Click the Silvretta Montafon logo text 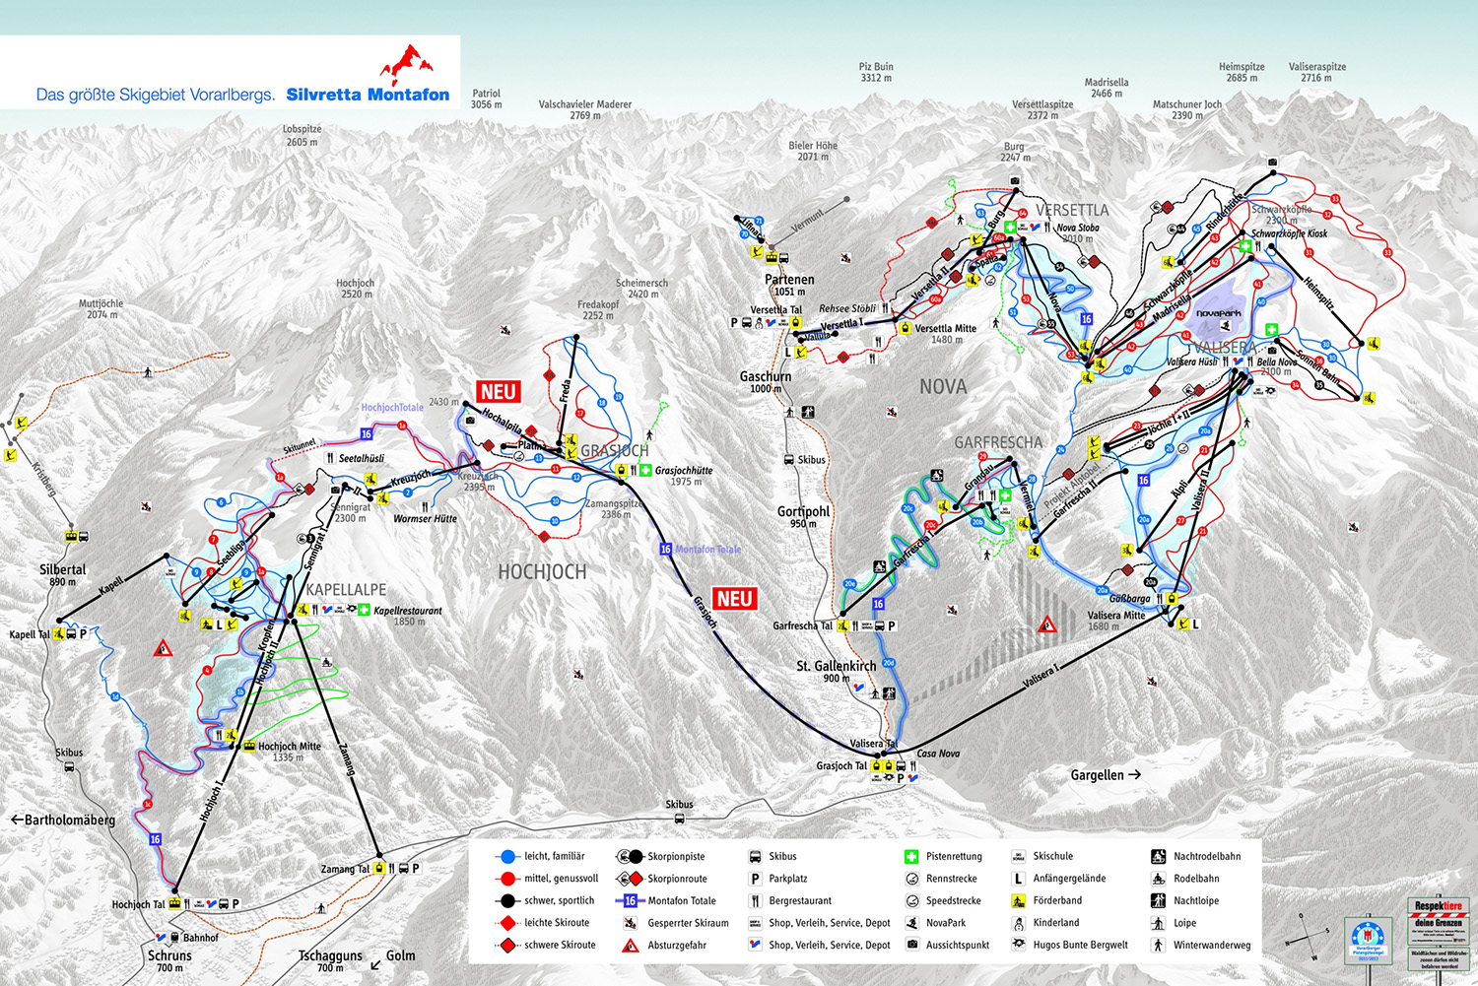[368, 95]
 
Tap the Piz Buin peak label [876, 72]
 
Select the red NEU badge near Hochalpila [498, 392]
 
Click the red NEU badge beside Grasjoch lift [734, 598]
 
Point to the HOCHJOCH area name [542, 572]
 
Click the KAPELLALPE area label [346, 590]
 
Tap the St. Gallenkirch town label [836, 666]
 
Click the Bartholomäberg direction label [63, 820]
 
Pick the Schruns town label [169, 955]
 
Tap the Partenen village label [789, 280]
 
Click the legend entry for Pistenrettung [953, 856]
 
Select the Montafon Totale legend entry [681, 900]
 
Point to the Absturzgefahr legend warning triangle [630, 946]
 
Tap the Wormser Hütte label [425, 519]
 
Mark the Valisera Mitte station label [1116, 615]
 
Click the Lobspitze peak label [302, 129]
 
